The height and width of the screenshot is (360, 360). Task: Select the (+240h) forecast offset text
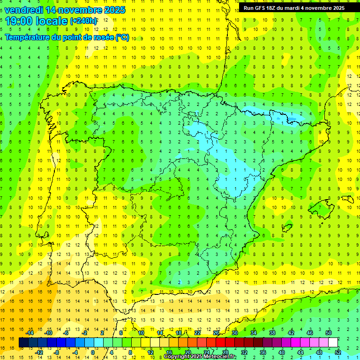84,21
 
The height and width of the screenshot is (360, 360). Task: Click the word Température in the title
28,37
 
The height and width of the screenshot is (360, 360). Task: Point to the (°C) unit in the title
122,37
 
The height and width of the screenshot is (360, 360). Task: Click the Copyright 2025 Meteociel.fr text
200,357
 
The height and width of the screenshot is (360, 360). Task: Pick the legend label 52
338,352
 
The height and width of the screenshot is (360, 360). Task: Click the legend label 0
92,352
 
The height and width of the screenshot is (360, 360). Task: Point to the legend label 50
329,333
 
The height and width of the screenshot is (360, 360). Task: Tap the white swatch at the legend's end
333,343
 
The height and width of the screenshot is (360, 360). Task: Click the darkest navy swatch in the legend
23,343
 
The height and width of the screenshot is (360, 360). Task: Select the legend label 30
234,333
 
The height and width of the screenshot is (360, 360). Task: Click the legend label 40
282,352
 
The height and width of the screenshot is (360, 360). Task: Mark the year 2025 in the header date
115,9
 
